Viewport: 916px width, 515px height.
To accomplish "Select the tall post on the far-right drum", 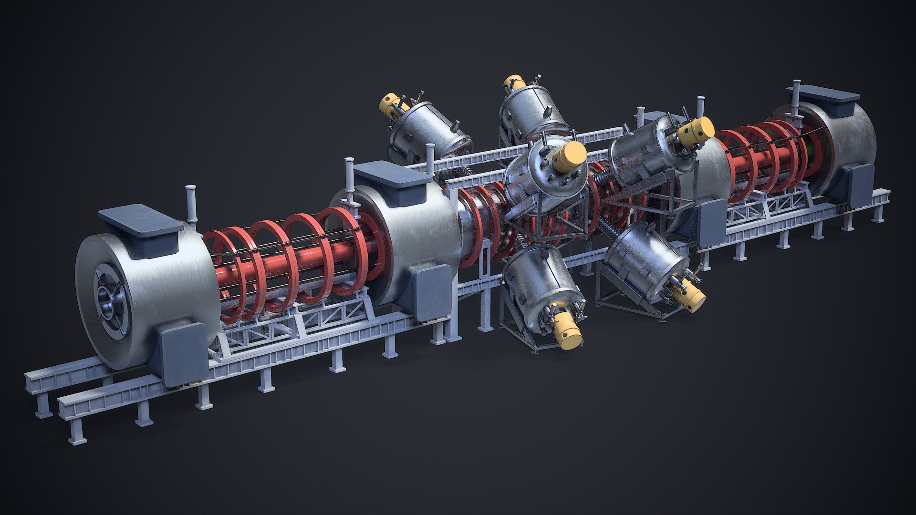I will click(x=795, y=95).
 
